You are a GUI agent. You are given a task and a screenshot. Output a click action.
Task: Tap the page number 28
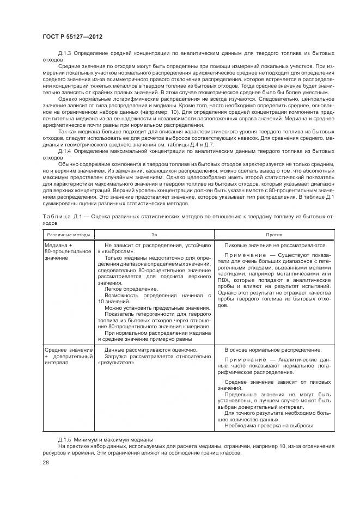click(x=45, y=463)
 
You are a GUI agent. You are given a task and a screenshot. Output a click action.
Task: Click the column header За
click(x=154, y=235)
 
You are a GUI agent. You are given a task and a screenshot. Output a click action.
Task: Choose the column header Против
click(x=273, y=235)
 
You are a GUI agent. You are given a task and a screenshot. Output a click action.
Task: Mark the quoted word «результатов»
click(x=115, y=362)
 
